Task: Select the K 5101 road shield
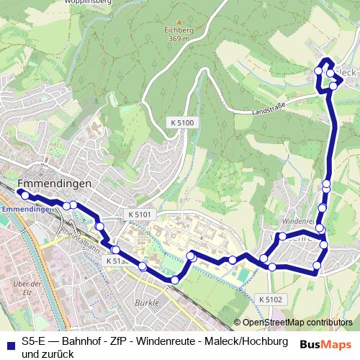click(x=140, y=215)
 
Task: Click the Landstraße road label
click(x=269, y=109)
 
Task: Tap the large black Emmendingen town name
click(x=53, y=184)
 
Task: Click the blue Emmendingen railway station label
click(x=27, y=210)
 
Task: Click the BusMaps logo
click(x=325, y=344)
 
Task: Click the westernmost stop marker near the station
click(x=24, y=195)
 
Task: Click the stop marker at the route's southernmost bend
click(x=174, y=279)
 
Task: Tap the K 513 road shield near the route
click(x=116, y=260)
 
